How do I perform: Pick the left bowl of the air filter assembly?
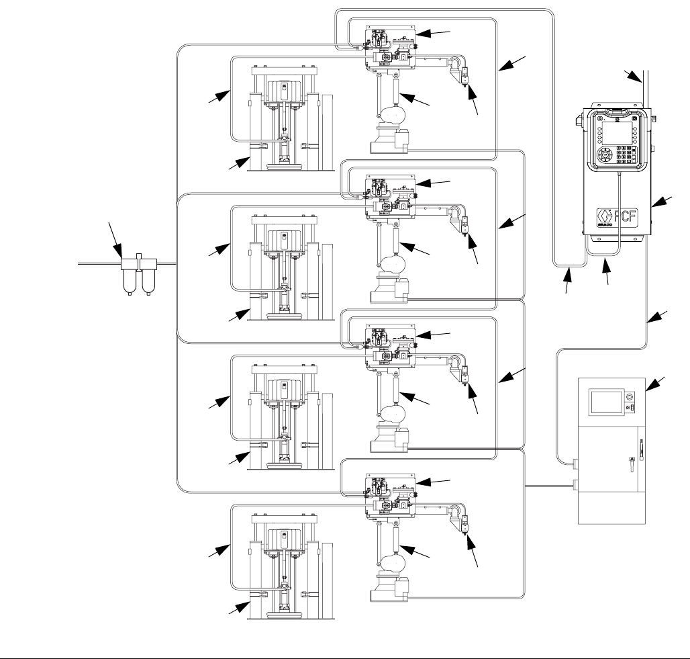pyautogui.click(x=129, y=282)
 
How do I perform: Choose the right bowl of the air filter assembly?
pyautogui.click(x=147, y=282)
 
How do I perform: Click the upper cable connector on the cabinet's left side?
pyautogui.click(x=575, y=462)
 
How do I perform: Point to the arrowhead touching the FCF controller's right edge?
pyautogui.click(x=656, y=202)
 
